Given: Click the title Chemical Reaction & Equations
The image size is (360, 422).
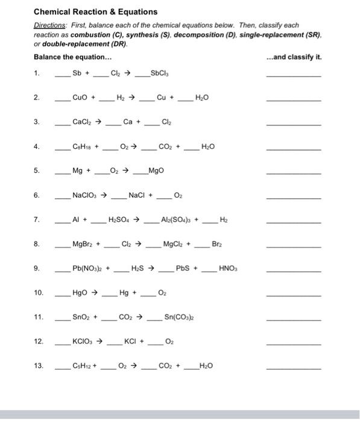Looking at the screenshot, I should [95, 11].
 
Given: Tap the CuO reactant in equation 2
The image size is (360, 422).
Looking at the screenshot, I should [80, 97].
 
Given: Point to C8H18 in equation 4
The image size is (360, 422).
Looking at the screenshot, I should [83, 146].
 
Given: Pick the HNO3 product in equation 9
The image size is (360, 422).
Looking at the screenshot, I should [228, 268].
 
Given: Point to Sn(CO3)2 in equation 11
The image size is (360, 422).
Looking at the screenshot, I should [178, 317].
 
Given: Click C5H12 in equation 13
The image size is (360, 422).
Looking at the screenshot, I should [82, 366].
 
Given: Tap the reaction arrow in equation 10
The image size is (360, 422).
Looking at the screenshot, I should [96, 292].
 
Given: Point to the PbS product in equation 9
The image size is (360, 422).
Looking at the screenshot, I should [183, 268].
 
